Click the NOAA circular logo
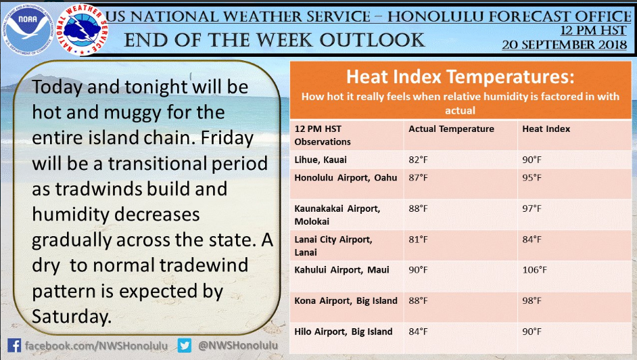(x=28, y=30)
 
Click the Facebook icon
(x=14, y=346)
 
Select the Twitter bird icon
(x=185, y=346)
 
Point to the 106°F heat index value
(x=535, y=270)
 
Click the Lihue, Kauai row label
(x=321, y=160)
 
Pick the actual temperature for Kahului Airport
(x=418, y=270)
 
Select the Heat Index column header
(x=546, y=129)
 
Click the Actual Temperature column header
(x=451, y=129)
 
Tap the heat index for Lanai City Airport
(x=532, y=240)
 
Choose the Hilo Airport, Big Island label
(x=344, y=332)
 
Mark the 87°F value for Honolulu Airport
(x=418, y=177)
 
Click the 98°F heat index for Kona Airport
(x=532, y=300)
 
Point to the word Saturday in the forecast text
(x=72, y=317)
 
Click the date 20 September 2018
(x=564, y=45)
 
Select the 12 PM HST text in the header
(x=594, y=30)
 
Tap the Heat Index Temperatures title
(x=461, y=76)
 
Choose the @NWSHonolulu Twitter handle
(x=238, y=345)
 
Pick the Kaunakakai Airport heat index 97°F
(x=532, y=208)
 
